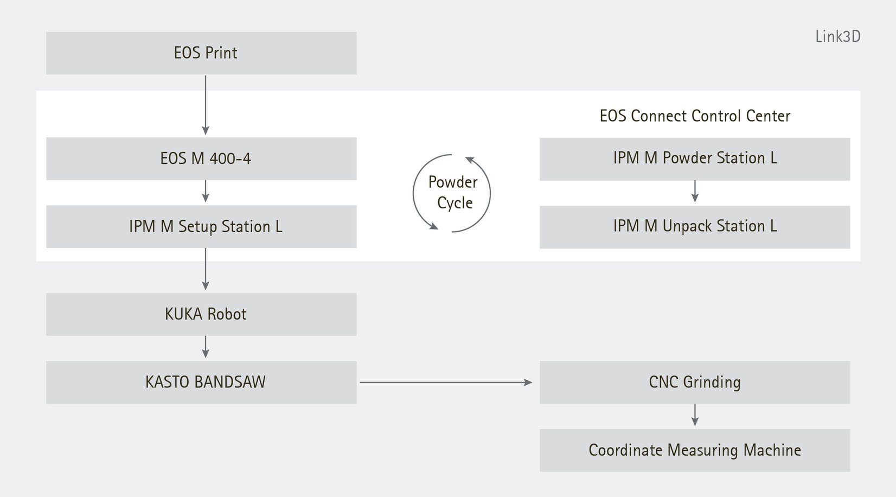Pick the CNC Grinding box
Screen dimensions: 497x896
tap(694, 382)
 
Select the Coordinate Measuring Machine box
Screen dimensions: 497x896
tap(694, 450)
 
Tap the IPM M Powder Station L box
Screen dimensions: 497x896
tap(694, 158)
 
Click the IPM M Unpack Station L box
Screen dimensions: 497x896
tap(694, 226)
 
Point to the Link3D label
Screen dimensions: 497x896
tap(837, 37)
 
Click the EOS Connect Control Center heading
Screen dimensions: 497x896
tap(694, 116)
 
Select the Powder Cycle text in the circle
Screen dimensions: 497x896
tap(453, 193)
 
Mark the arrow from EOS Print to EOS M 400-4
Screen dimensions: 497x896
tap(206, 105)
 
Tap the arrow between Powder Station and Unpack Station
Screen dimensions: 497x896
tap(695, 192)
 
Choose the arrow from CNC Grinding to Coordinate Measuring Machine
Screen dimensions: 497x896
tap(695, 415)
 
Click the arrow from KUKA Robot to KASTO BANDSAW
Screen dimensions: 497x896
tap(206, 347)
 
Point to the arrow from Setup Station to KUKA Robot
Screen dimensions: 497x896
tap(206, 270)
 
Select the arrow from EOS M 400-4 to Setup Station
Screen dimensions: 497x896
tap(206, 192)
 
